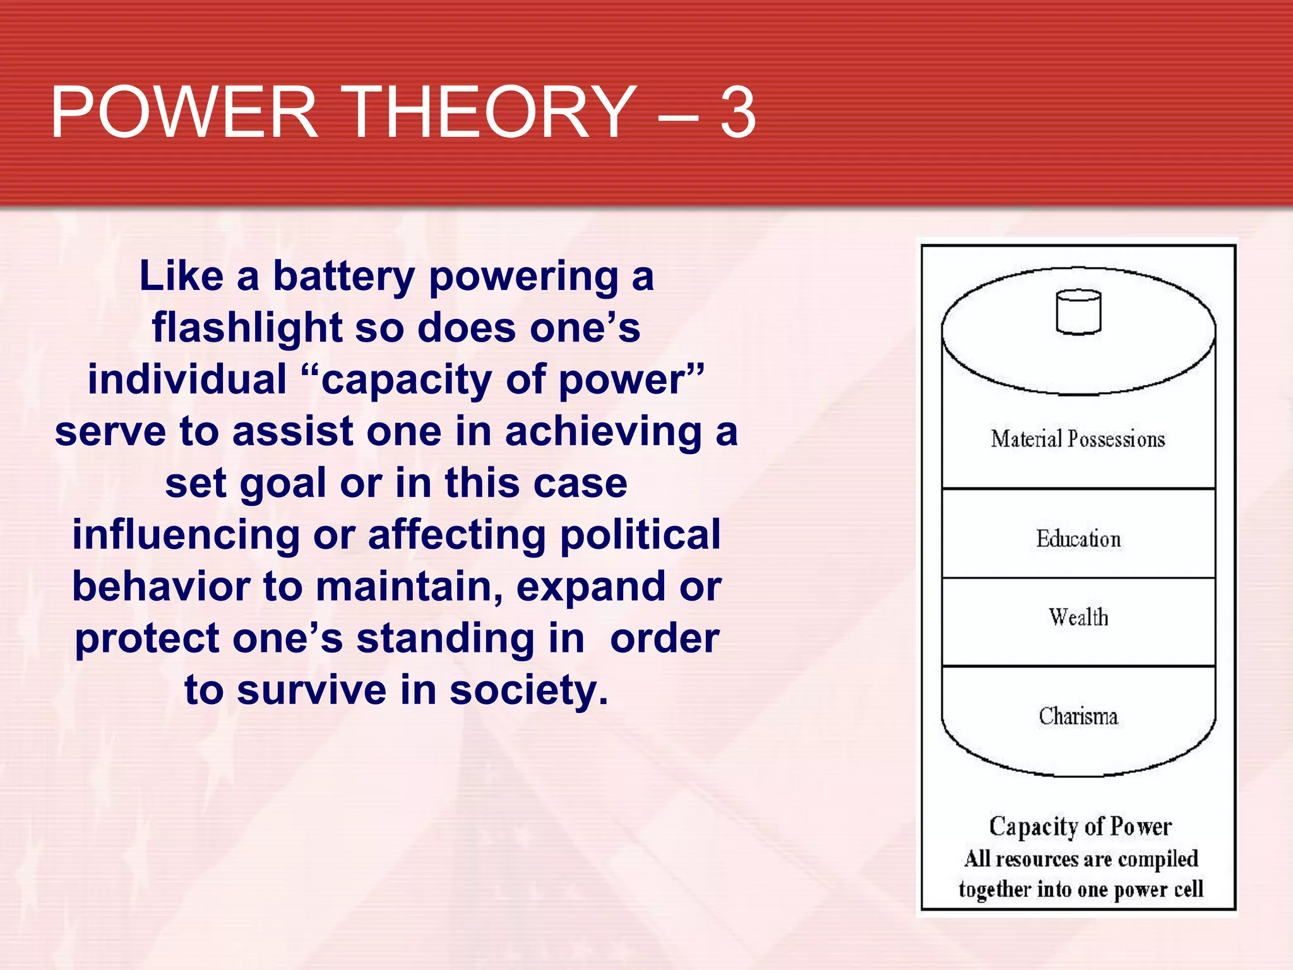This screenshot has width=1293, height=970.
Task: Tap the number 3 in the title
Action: (x=737, y=114)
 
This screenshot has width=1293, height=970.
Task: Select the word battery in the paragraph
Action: (x=343, y=277)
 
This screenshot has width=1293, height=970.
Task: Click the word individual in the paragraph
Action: (x=187, y=380)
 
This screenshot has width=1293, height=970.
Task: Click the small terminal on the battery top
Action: (x=1078, y=311)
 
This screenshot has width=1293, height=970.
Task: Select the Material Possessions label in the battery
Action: (x=1078, y=439)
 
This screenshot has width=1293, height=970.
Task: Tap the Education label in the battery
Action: (x=1078, y=539)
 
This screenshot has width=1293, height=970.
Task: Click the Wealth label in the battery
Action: (x=1078, y=617)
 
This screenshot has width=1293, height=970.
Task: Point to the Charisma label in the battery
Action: (x=1078, y=716)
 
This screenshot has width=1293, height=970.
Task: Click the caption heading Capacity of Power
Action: (x=1080, y=827)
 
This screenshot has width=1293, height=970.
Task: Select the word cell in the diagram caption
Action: (x=1188, y=889)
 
